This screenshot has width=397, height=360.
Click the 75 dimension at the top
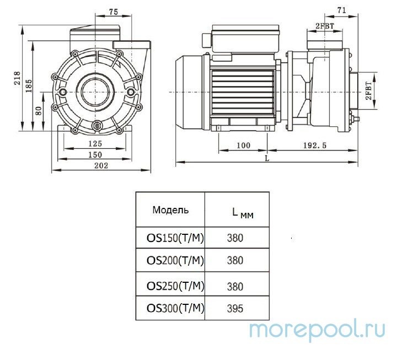114,11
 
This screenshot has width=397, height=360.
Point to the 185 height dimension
28,87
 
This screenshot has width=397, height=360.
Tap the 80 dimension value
39,110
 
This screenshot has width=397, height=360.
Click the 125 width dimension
95,144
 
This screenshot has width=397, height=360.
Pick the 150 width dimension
95,155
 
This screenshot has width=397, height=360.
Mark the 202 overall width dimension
100,165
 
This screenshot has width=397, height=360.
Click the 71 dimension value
342,10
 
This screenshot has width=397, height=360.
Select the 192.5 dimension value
315,146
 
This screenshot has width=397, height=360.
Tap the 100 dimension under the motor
243,146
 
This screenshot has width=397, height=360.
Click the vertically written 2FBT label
368,90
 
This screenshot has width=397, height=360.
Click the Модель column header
170,209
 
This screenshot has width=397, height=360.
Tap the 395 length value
235,309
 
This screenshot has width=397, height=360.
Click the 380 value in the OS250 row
235,286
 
